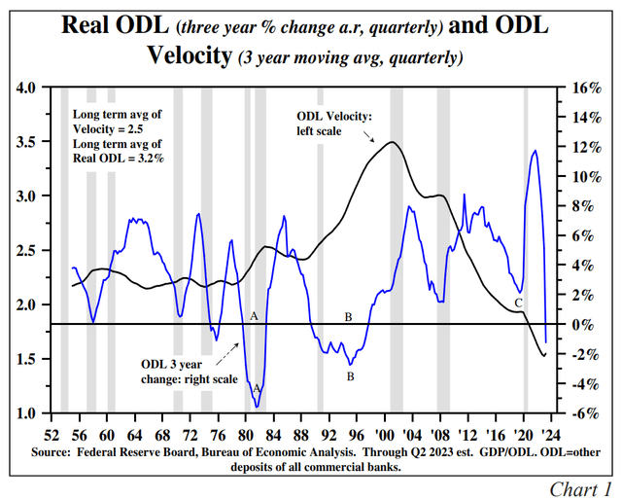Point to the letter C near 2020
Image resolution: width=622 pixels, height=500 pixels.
(x=518, y=304)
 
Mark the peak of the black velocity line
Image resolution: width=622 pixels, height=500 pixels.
(x=392, y=142)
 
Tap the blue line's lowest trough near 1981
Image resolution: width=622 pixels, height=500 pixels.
(x=258, y=405)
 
